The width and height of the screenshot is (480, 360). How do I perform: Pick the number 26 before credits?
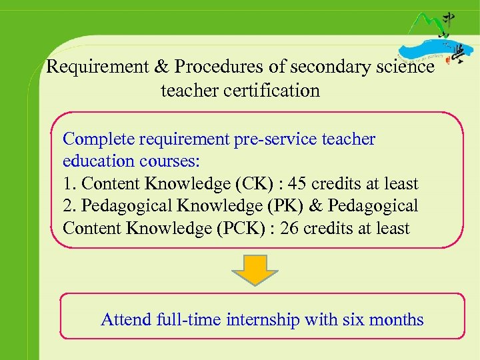click(289, 229)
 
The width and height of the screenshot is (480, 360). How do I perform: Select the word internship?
click(263, 320)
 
